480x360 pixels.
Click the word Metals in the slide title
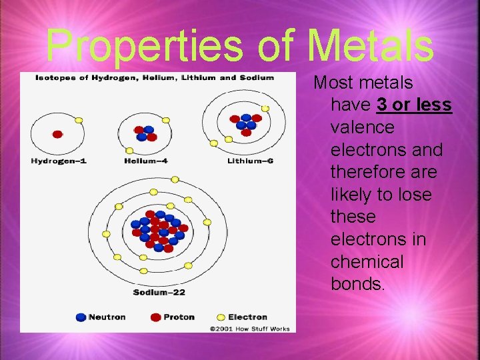pyautogui.click(x=371, y=45)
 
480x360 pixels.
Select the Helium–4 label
pyautogui.click(x=146, y=161)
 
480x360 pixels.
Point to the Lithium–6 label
pyautogui.click(x=250, y=161)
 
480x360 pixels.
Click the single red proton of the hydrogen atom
pyautogui.click(x=57, y=134)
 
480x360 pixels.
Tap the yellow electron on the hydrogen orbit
pyautogui.click(x=79, y=120)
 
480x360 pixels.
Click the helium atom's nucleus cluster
pyautogui.click(x=145, y=133)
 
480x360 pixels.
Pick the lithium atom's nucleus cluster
pyautogui.click(x=245, y=123)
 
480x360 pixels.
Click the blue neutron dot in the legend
pyautogui.click(x=81, y=317)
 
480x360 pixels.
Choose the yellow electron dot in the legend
pyautogui.click(x=221, y=317)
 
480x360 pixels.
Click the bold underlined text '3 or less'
pyautogui.click(x=414, y=105)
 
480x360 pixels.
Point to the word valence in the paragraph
pyautogui.click(x=362, y=127)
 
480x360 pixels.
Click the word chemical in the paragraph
pyautogui.click(x=367, y=262)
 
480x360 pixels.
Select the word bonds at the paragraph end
pyautogui.click(x=357, y=285)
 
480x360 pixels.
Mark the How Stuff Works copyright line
pyautogui.click(x=249, y=328)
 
